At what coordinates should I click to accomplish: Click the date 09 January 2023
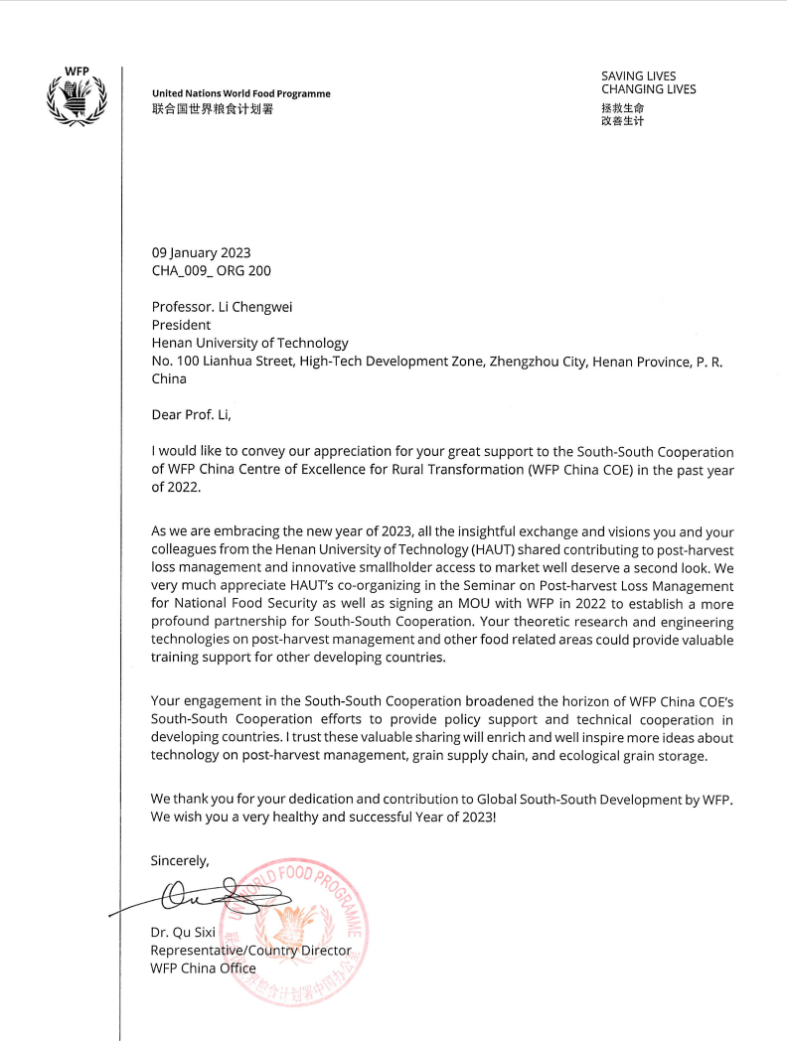point(201,252)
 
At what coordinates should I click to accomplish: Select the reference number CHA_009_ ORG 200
point(211,270)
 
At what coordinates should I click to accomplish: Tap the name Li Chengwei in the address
point(257,307)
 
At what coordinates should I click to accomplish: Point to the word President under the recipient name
point(181,325)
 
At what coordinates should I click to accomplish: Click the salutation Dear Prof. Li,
point(191,415)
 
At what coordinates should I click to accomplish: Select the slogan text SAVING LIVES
point(638,75)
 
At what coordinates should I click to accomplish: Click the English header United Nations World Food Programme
point(241,94)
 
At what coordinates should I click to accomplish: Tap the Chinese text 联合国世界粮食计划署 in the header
point(212,109)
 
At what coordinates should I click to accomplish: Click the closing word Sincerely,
point(180,860)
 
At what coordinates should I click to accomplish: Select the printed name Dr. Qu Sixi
point(183,933)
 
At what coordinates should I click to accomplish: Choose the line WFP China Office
point(203,968)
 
